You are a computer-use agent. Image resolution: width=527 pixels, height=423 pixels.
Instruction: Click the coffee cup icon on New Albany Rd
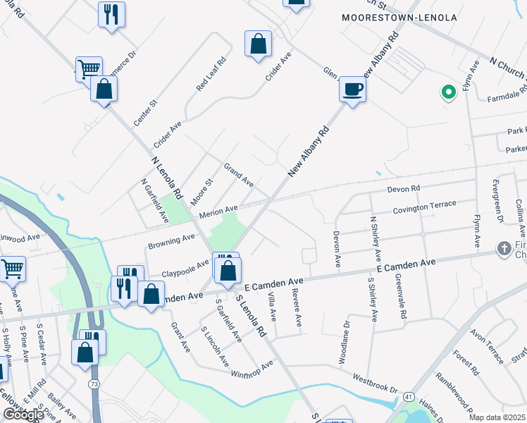tap(353, 90)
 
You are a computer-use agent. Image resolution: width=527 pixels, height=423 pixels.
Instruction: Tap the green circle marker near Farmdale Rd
tap(447, 92)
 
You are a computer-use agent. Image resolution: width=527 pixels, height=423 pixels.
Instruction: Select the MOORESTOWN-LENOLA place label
tap(399, 17)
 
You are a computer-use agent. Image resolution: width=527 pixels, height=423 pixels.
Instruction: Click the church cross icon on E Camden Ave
tap(504, 248)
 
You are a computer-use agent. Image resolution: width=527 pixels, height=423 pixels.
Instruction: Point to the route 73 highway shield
tap(94, 384)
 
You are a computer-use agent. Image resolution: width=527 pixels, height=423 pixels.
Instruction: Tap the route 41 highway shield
tap(408, 398)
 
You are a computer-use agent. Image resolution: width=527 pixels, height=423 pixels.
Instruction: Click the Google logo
tap(23, 415)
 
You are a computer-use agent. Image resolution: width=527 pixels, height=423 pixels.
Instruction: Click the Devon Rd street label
tap(404, 189)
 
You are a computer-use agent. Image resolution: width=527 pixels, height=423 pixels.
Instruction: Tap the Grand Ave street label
tap(239, 175)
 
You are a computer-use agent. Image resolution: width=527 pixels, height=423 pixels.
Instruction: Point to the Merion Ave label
tap(219, 211)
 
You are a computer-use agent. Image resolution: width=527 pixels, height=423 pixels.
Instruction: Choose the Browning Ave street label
tap(171, 242)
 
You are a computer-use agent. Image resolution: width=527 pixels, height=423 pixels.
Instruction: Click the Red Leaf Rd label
tap(211, 73)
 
